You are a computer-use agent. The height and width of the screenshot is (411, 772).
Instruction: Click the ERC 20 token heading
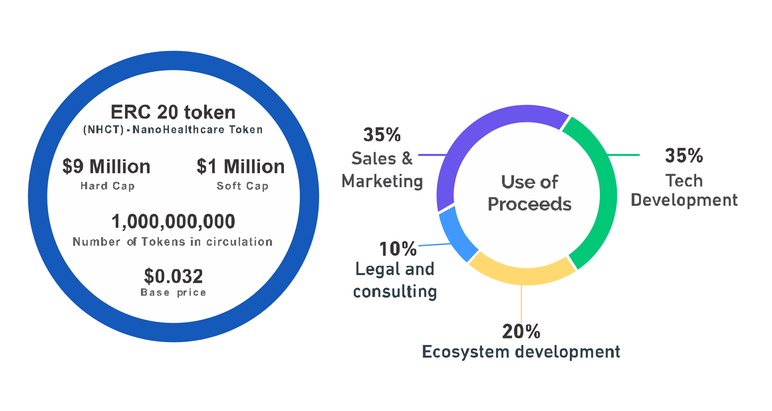tap(173, 112)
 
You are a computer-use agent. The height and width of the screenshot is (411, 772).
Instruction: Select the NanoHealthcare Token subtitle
tap(173, 130)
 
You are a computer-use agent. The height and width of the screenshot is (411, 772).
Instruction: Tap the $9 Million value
tap(106, 166)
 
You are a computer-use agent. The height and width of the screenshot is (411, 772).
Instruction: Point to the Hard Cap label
tap(107, 186)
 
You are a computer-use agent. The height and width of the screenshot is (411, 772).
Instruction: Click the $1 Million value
tap(241, 166)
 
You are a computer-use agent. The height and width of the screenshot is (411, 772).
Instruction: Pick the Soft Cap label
tap(242, 186)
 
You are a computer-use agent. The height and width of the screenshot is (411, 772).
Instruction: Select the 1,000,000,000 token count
tap(173, 221)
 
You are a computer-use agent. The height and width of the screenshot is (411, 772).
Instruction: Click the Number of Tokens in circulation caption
tap(172, 242)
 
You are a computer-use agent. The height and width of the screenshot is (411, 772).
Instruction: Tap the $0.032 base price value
tap(173, 276)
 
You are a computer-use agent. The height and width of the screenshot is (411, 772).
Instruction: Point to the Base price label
tap(173, 292)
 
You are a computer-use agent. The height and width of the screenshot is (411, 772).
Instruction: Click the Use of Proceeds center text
tap(530, 193)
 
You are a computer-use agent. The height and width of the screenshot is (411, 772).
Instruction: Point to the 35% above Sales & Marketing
tap(382, 135)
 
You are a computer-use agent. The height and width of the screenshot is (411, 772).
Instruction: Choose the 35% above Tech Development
tap(684, 156)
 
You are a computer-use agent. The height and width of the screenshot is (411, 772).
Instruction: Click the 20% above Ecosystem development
tap(521, 332)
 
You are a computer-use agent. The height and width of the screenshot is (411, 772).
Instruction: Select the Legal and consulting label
tap(395, 280)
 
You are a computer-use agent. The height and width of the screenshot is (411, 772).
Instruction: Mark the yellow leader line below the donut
tap(521, 304)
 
